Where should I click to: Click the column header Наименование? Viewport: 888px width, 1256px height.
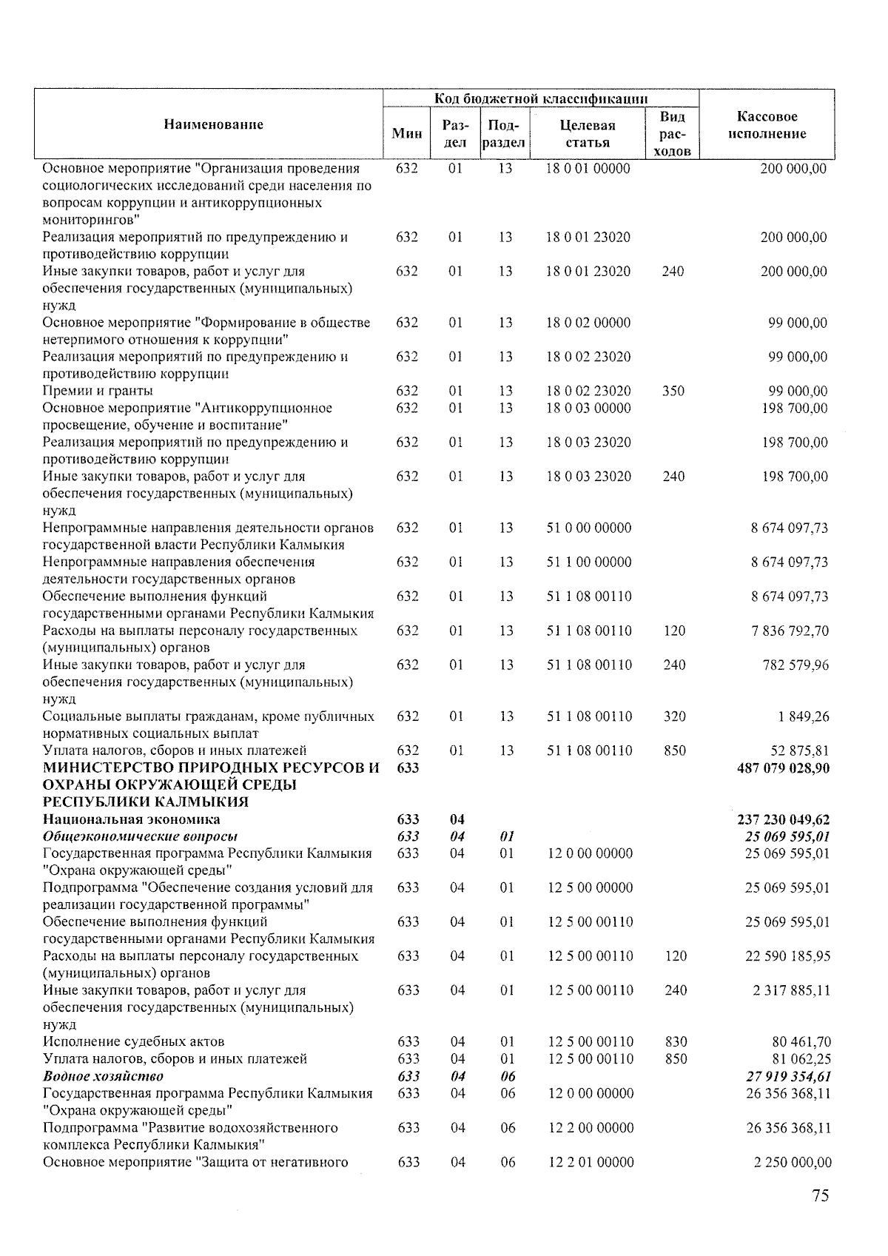pos(213,124)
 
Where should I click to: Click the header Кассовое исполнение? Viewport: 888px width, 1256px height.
pos(767,125)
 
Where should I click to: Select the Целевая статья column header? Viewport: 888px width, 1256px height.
pos(588,133)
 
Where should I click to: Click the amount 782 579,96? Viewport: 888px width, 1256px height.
pos(795,665)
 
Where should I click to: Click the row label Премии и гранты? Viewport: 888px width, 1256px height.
pos(98,391)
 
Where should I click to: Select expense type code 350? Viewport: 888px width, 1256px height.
pos(673,391)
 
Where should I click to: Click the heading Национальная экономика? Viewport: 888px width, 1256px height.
pos(131,819)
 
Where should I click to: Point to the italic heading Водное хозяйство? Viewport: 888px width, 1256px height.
pos(103,1076)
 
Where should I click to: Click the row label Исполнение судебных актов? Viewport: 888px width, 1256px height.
pos(133,1042)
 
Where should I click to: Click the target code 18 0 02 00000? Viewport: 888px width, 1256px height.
pos(588,323)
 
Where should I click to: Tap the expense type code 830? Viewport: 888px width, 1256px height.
pos(676,1042)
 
